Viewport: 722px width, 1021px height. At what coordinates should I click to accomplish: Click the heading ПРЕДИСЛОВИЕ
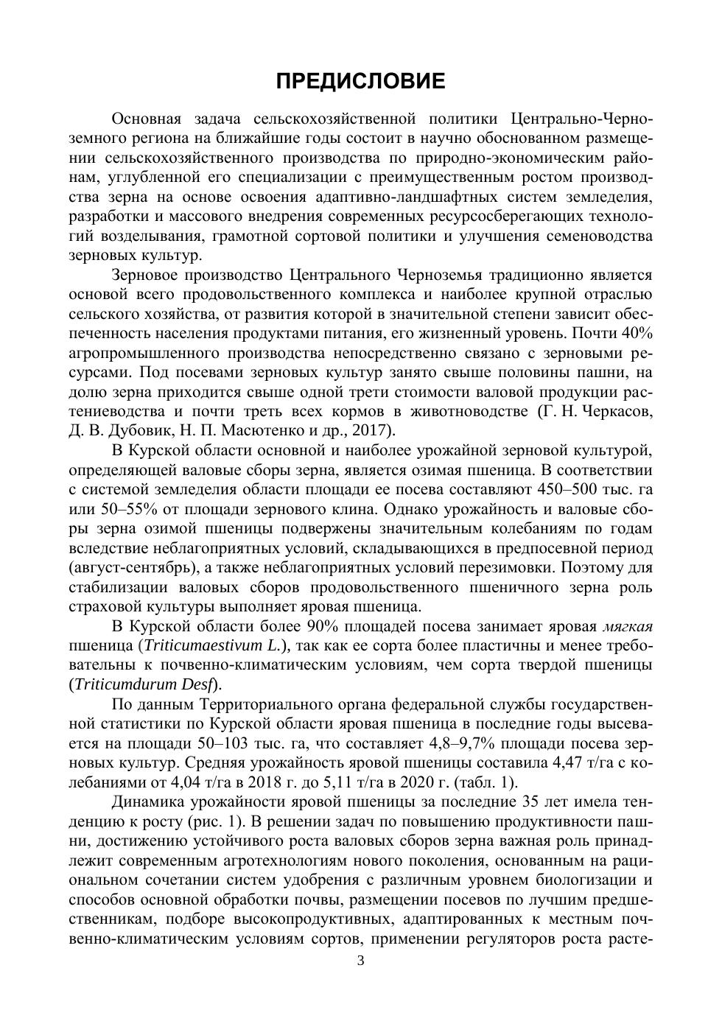(360, 81)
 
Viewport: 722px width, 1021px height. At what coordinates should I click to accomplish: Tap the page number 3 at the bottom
(360, 960)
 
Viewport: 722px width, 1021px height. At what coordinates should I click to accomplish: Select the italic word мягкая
(628, 626)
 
